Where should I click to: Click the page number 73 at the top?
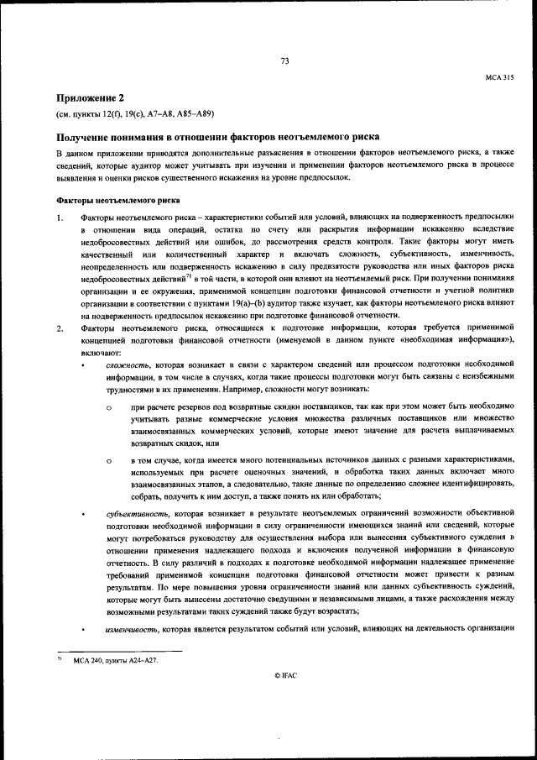284,60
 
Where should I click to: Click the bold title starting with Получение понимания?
217,136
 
